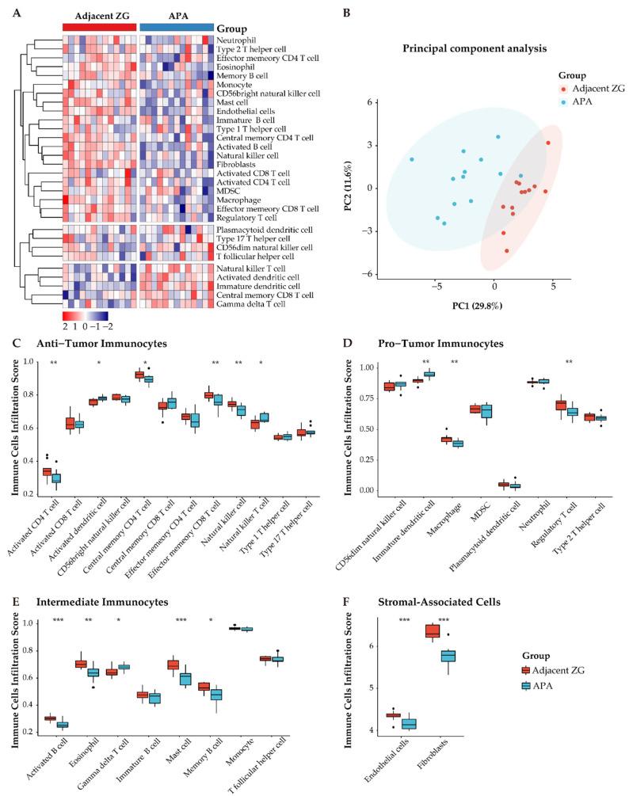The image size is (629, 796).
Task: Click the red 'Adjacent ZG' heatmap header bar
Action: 99,26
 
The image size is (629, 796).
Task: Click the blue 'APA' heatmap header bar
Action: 177,26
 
